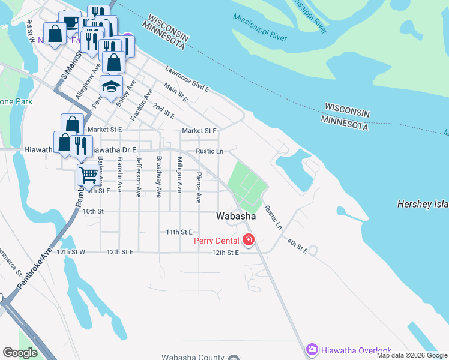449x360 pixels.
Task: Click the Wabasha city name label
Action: (x=237, y=216)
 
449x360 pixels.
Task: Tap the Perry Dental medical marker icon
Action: (x=249, y=241)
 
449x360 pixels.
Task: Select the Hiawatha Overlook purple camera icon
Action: (x=312, y=349)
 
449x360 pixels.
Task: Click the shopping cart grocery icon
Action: (x=88, y=175)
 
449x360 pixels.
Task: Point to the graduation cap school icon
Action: (x=111, y=87)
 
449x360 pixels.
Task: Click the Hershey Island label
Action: (x=423, y=205)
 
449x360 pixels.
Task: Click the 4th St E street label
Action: (x=297, y=247)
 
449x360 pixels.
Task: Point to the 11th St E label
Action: (x=179, y=232)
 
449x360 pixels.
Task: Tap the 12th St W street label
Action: (x=71, y=252)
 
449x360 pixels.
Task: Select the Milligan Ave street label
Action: (x=179, y=175)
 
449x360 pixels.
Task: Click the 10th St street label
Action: (x=93, y=211)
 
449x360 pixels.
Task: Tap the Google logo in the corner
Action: (x=20, y=353)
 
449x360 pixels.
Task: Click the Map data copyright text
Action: (x=412, y=355)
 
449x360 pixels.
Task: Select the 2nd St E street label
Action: (x=163, y=110)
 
